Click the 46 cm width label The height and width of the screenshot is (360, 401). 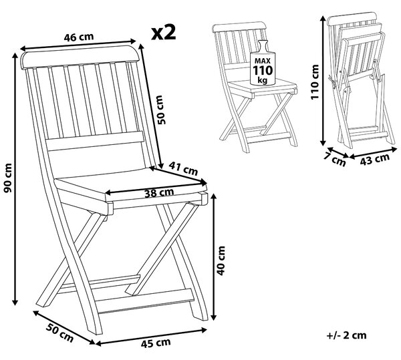(79, 37)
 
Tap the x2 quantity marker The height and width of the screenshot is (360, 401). (164, 32)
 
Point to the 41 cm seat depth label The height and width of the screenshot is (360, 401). (183, 169)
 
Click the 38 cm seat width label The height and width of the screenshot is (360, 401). (159, 192)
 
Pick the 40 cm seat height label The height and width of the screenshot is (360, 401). (221, 260)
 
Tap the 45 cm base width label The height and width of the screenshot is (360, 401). (156, 343)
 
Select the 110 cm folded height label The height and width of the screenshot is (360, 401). (315, 82)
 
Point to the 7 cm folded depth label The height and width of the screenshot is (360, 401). (335, 160)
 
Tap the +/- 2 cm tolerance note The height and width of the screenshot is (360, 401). (346, 335)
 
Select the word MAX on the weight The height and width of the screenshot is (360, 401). (263, 61)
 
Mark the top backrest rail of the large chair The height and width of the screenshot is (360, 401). (80, 57)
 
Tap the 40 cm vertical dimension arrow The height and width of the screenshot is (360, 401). (215, 256)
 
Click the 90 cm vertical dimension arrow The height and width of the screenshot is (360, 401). (15, 179)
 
